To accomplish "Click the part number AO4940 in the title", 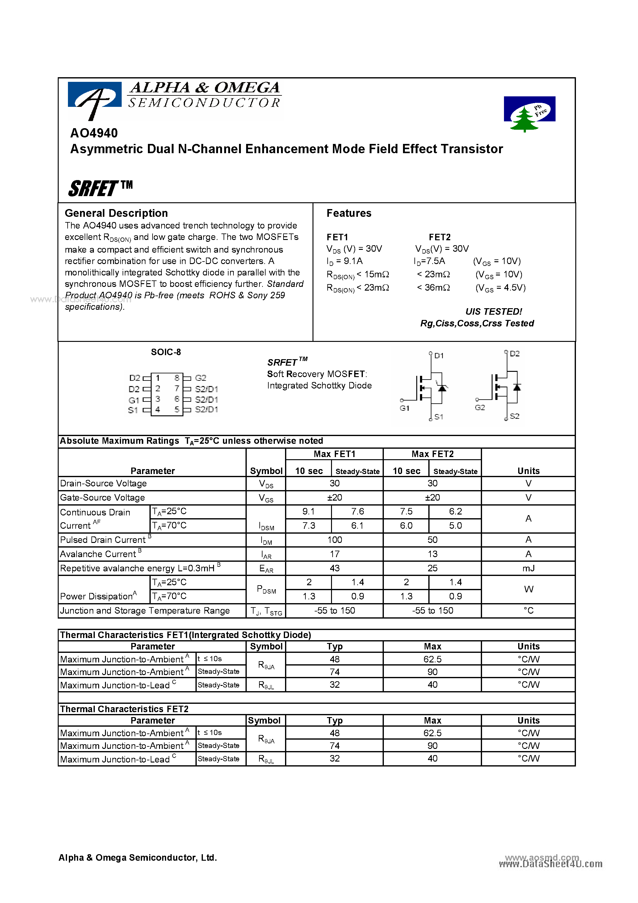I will coord(94,133).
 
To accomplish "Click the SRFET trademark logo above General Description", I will coord(100,188).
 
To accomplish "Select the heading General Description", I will coord(116,213).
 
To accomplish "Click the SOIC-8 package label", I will coord(166,352).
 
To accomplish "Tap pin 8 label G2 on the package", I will coord(201,378).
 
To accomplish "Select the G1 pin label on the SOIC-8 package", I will coord(134,400).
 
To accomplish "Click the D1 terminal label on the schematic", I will coord(439,355).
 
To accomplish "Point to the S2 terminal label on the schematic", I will coord(514,416).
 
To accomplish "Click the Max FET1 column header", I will coord(334,454).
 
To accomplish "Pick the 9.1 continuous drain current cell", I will coord(309,511).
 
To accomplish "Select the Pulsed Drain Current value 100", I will coord(334,540).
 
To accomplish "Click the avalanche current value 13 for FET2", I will coord(432,554).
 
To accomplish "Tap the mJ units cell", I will coord(528,568).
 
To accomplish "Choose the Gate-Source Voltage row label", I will coord(102,498).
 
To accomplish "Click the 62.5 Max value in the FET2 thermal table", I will coord(432,733).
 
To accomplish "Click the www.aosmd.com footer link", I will coord(541,857).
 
